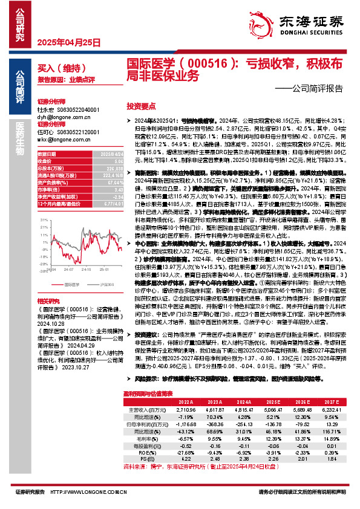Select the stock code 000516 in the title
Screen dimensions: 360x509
point(209,62)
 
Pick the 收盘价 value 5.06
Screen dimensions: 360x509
point(104,161)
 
